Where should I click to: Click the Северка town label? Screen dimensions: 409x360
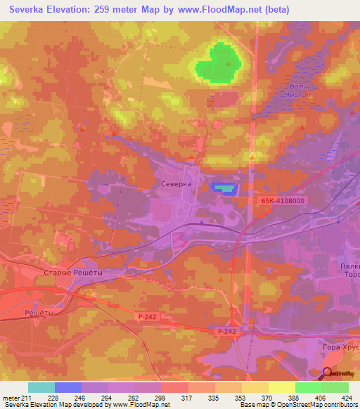(176, 183)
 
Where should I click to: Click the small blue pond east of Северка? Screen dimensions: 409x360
(222, 188)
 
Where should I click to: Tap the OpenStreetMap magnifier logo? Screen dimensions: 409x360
(328, 374)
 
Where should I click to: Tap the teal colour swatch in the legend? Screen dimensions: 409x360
(41, 387)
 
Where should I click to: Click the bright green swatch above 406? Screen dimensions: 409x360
(309, 387)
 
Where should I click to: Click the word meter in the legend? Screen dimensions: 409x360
(10, 397)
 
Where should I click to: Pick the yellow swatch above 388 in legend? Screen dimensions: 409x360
(282, 387)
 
